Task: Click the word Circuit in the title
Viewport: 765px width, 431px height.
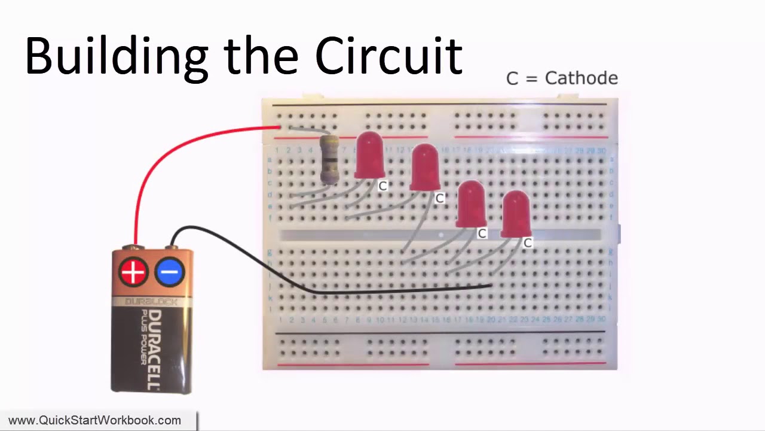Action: coord(388,56)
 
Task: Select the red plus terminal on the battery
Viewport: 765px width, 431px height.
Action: coord(133,272)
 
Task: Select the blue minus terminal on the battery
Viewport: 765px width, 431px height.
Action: coord(169,272)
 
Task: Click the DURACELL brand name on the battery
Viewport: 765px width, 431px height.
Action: coord(153,350)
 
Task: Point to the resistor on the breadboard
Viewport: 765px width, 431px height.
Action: coord(329,159)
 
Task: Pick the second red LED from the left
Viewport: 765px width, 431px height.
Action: coord(425,168)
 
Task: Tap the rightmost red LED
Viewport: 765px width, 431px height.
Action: coord(516,214)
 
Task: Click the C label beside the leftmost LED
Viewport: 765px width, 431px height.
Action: coord(382,186)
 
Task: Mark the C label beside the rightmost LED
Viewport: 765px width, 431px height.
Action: coord(527,242)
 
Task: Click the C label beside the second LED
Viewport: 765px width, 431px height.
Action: coord(439,198)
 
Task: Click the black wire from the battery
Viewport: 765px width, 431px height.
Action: coord(359,292)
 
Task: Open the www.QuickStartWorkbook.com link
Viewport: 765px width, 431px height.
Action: coord(94,421)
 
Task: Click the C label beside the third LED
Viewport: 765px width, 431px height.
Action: coord(482,233)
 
